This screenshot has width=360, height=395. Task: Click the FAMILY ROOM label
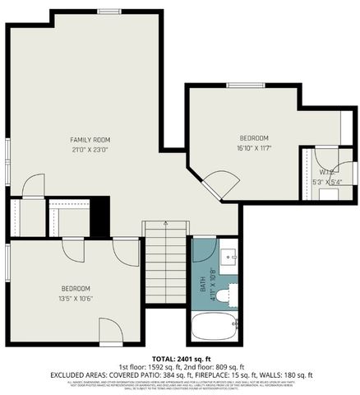point(90,140)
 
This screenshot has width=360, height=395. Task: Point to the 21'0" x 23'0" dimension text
point(90,150)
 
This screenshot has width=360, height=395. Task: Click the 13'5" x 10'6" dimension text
point(75,299)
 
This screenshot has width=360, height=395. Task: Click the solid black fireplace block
point(99,217)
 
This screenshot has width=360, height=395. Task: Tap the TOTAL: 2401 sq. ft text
point(179,359)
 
